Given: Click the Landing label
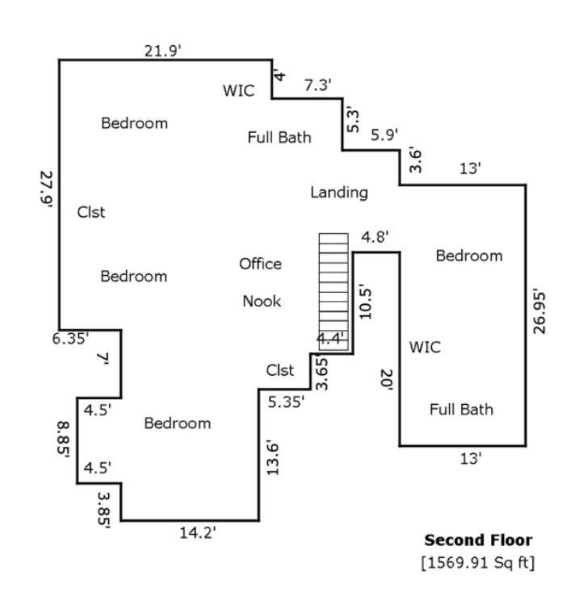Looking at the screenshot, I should pos(339,192).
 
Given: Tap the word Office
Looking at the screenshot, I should pos(260,264).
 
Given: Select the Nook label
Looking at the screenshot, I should pos(262,301).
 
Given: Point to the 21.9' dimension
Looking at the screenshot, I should pos(163,51).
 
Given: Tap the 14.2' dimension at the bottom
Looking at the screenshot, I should pos(198,532).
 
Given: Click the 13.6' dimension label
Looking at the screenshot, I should pos(273,457).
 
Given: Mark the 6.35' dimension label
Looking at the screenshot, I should pos(71,339).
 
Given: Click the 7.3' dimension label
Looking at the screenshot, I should pos(317,85).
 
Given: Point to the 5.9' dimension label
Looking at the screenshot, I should pos(384,135).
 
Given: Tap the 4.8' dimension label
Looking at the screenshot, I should pos(375,237).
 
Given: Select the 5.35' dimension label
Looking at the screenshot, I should pos(287,401).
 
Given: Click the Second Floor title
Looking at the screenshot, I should pos(478,540).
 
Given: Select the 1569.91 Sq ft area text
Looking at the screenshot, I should pos(477,561).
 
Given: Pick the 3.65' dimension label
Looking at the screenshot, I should pos(322,373).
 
